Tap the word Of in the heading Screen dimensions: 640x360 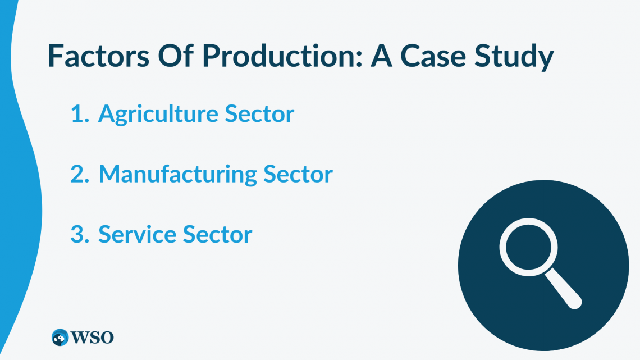176,56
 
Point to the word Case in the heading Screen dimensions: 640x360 433,56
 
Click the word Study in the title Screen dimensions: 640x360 514,57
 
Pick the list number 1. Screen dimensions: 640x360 80,113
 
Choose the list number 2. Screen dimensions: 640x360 80,174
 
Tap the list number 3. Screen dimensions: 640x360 80,234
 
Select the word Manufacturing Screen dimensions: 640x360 177,175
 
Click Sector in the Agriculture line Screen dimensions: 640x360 259,113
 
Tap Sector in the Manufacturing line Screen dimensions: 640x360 298,174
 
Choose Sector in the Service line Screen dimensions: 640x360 218,234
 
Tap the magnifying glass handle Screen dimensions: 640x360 563,289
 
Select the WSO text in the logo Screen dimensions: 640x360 92,338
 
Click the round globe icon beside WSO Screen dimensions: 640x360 60,338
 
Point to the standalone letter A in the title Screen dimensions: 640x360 381,56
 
